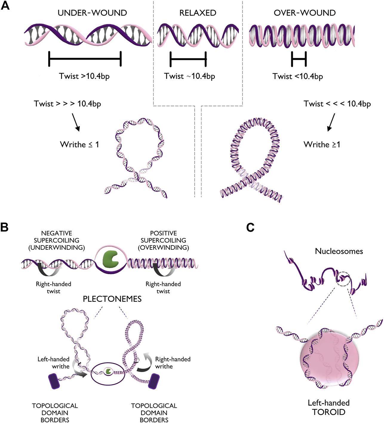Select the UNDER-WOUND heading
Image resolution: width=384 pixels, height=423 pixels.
pos(92,13)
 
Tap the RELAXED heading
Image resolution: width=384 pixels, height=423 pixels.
pos(198,13)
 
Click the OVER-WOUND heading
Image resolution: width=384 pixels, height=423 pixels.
pos(305,13)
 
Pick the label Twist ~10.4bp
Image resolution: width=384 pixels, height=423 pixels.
pos(190,76)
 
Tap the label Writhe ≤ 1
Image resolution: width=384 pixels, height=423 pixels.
pos(79,145)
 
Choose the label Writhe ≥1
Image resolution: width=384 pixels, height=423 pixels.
pos(322,145)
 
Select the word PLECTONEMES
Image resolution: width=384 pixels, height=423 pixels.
pos(112,299)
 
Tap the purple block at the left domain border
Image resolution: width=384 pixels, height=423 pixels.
pos(54,381)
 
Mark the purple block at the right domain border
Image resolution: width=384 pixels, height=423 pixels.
pos(154,381)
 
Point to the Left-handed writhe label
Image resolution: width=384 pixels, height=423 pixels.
pos(53,363)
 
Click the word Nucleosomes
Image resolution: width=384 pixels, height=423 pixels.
pos(339,251)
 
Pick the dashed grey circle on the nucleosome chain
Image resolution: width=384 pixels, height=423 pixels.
pos(343,279)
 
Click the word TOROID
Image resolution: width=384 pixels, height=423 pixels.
pos(328,412)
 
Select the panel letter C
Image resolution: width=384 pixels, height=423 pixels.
pos(250,228)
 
